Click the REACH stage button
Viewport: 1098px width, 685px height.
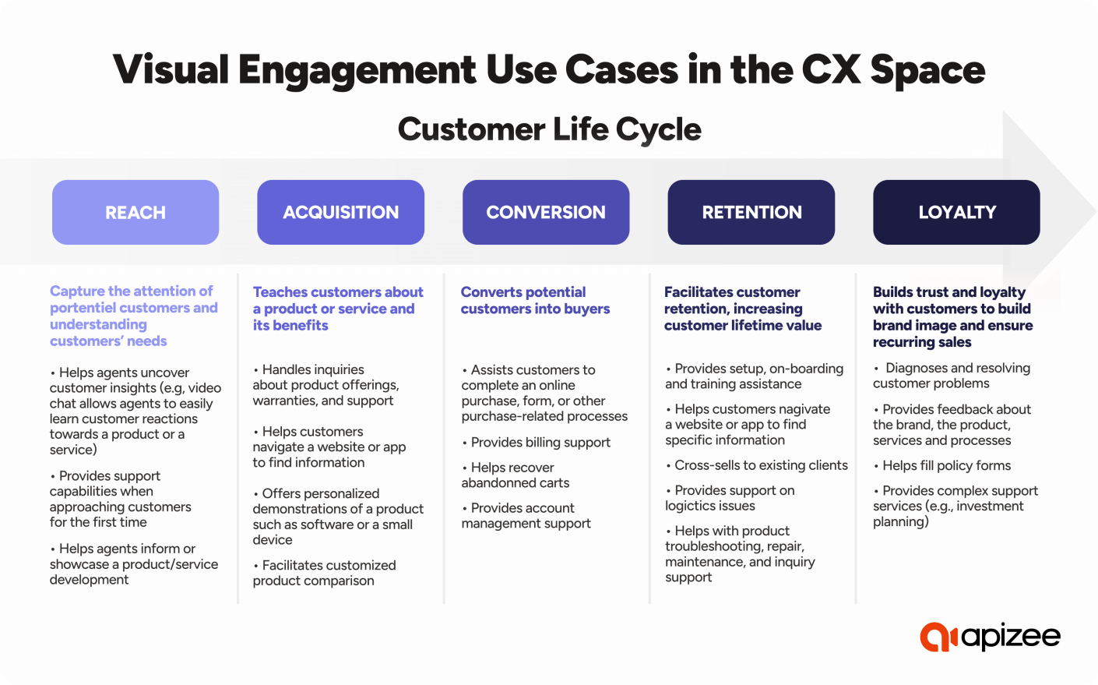pyautogui.click(x=135, y=213)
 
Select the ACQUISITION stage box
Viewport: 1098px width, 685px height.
pyautogui.click(x=340, y=213)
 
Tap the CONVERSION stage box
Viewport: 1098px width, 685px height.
pyautogui.click(x=545, y=213)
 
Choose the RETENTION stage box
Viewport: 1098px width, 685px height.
pyautogui.click(x=751, y=213)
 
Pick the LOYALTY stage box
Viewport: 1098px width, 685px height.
pyautogui.click(x=956, y=213)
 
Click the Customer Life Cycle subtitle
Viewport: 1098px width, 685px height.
pyautogui.click(x=549, y=129)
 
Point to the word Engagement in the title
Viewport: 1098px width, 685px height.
pyautogui.click(x=357, y=70)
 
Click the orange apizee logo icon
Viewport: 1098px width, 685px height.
pyautogui.click(x=938, y=637)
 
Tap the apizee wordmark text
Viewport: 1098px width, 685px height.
pyautogui.click(x=1011, y=637)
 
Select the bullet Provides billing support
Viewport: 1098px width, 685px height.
pyautogui.click(x=540, y=443)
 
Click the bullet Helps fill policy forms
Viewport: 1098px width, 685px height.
pyautogui.click(x=945, y=466)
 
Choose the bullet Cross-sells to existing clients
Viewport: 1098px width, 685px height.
pyautogui.click(x=760, y=465)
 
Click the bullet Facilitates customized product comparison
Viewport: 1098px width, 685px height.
pyautogui.click(x=323, y=573)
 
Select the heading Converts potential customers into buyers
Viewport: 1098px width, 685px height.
pyautogui.click(x=535, y=301)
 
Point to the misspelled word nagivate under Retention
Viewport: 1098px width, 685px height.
pyautogui.click(x=804, y=409)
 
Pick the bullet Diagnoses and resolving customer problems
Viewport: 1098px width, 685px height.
pyautogui.click(x=951, y=376)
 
